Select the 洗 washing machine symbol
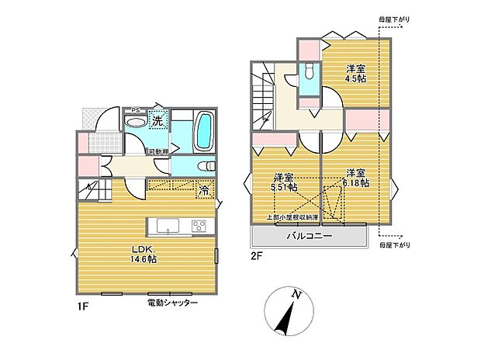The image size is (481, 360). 157,120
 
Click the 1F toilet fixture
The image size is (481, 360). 206,165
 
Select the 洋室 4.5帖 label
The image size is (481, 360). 356,73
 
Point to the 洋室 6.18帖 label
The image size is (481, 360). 355,177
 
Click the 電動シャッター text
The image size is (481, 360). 172,302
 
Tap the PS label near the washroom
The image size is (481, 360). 135,110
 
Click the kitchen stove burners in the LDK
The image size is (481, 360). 197,225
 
